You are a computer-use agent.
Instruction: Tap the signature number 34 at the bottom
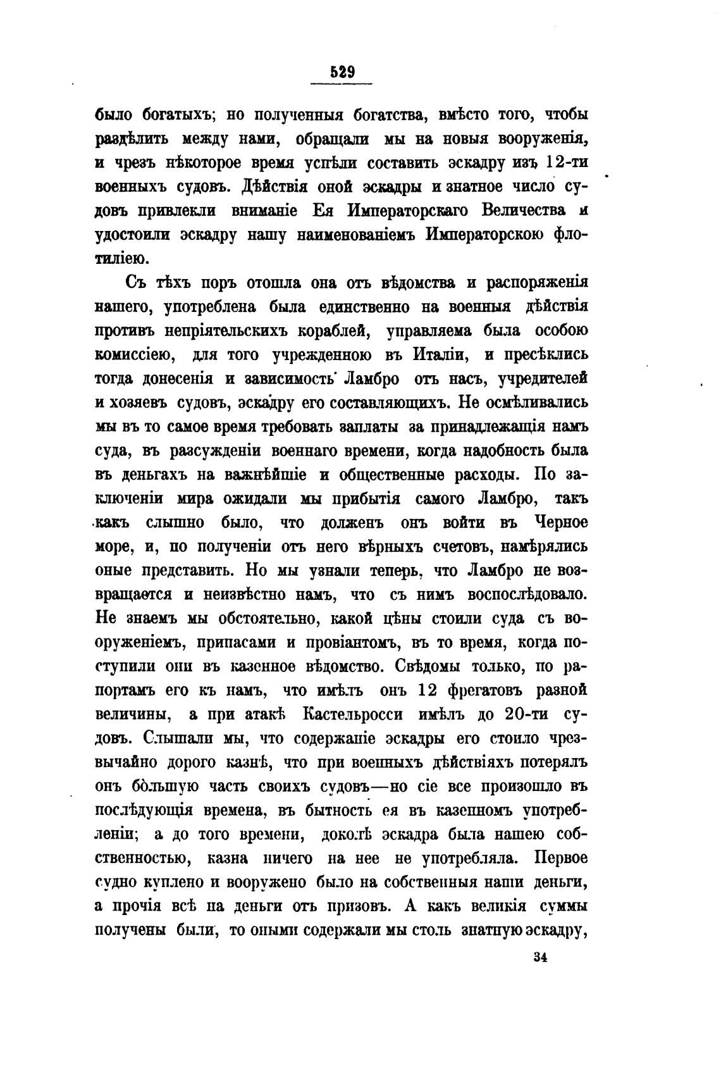click(x=539, y=957)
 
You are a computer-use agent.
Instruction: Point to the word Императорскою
click(x=484, y=235)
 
